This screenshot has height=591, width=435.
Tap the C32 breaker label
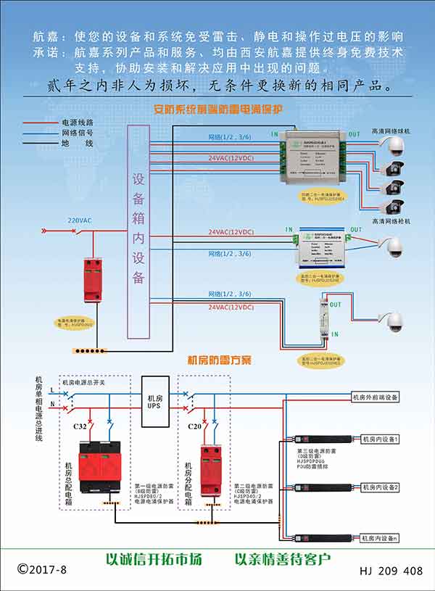pyautogui.click(x=80, y=426)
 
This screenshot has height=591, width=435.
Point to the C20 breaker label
pyautogui.click(x=192, y=426)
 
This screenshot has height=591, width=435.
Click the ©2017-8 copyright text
pyautogui.click(x=42, y=570)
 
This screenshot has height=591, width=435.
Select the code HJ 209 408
pyautogui.click(x=391, y=571)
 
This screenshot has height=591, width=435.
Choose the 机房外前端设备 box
pyautogui.click(x=375, y=397)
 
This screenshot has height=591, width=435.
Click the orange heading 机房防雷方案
pyautogui.click(x=219, y=360)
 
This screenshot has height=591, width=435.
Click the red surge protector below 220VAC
pyautogui.click(x=93, y=279)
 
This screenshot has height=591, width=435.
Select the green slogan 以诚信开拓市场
pyautogui.click(x=154, y=559)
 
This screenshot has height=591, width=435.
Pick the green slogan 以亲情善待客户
pyautogui.click(x=283, y=559)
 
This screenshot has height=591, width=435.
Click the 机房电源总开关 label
pyautogui.click(x=83, y=382)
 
